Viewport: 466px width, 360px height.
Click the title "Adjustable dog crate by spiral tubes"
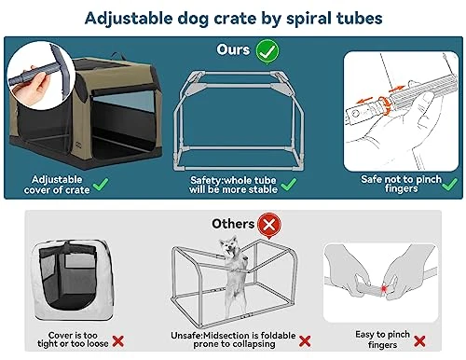[x=232, y=18]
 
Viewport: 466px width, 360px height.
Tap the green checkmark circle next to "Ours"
[x=267, y=48]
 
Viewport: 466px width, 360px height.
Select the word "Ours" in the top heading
[x=233, y=48]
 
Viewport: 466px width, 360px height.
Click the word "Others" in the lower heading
[x=233, y=224]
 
